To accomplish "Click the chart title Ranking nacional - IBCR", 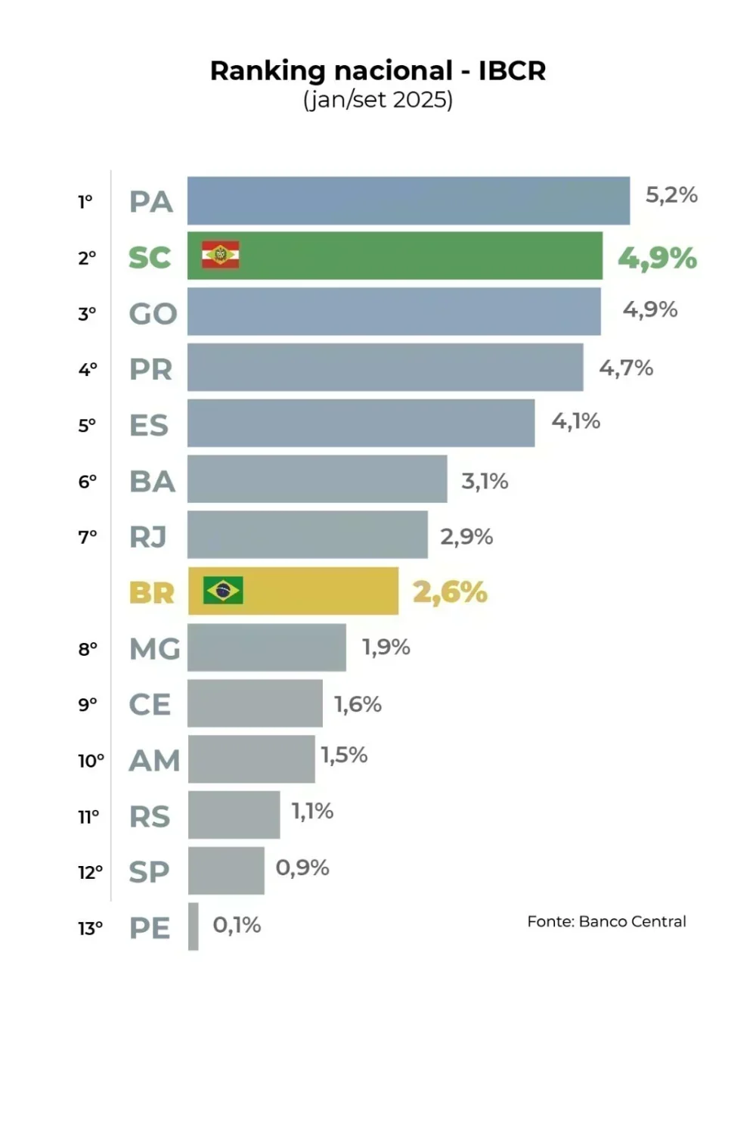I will pos(377,70).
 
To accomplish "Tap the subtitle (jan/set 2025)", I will pos(377,100).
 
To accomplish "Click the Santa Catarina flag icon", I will pos(220,256).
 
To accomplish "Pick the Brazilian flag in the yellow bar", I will pos(223,590).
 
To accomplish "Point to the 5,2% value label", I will pos(671,195).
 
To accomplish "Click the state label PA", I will pos(151,202).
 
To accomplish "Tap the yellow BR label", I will pos(151,593).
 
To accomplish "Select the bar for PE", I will pos(194,927).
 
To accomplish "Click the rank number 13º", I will pos(90,928).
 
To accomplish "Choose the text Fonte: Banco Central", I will pos(606,921).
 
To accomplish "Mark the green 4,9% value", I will pos(657,258).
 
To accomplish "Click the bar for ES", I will pos(361,424).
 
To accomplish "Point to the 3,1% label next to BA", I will pos(485,481).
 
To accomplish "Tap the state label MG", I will pos(154,649).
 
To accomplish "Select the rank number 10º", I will pos(91,761).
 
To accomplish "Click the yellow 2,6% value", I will pos(450,592).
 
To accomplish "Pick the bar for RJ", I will pos(307,535).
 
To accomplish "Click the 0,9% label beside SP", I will pos(302,868).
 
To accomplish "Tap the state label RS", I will pos(150,817).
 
